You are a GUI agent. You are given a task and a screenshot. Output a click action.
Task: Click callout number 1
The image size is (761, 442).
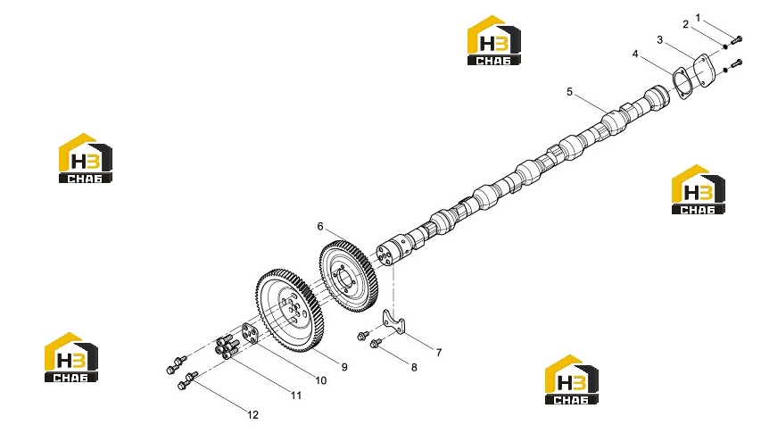698,18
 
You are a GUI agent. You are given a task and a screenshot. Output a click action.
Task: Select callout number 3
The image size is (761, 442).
659,40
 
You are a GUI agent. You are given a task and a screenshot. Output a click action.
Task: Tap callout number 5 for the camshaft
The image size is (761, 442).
570,92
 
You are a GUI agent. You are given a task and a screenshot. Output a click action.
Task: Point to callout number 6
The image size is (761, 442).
320,226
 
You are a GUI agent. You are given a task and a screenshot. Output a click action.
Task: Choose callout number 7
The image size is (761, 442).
439,353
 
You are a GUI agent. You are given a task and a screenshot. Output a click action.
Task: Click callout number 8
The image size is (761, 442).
414,368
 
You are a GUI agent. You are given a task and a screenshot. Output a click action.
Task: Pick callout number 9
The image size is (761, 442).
344,367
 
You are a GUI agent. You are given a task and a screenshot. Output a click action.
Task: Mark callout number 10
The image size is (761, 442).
321,380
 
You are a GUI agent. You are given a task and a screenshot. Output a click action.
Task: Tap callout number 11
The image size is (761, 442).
296,396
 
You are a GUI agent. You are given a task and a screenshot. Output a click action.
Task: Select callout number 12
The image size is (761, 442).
252,415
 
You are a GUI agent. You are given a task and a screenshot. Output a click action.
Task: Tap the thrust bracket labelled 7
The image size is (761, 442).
393,322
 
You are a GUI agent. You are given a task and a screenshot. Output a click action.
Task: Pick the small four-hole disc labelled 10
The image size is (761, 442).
251,334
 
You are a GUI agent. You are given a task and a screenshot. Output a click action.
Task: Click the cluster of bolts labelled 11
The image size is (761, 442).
227,348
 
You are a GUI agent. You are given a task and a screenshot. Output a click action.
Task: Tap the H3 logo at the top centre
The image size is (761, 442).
494,40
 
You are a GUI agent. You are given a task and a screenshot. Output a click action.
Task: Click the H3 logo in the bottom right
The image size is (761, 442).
572,379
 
